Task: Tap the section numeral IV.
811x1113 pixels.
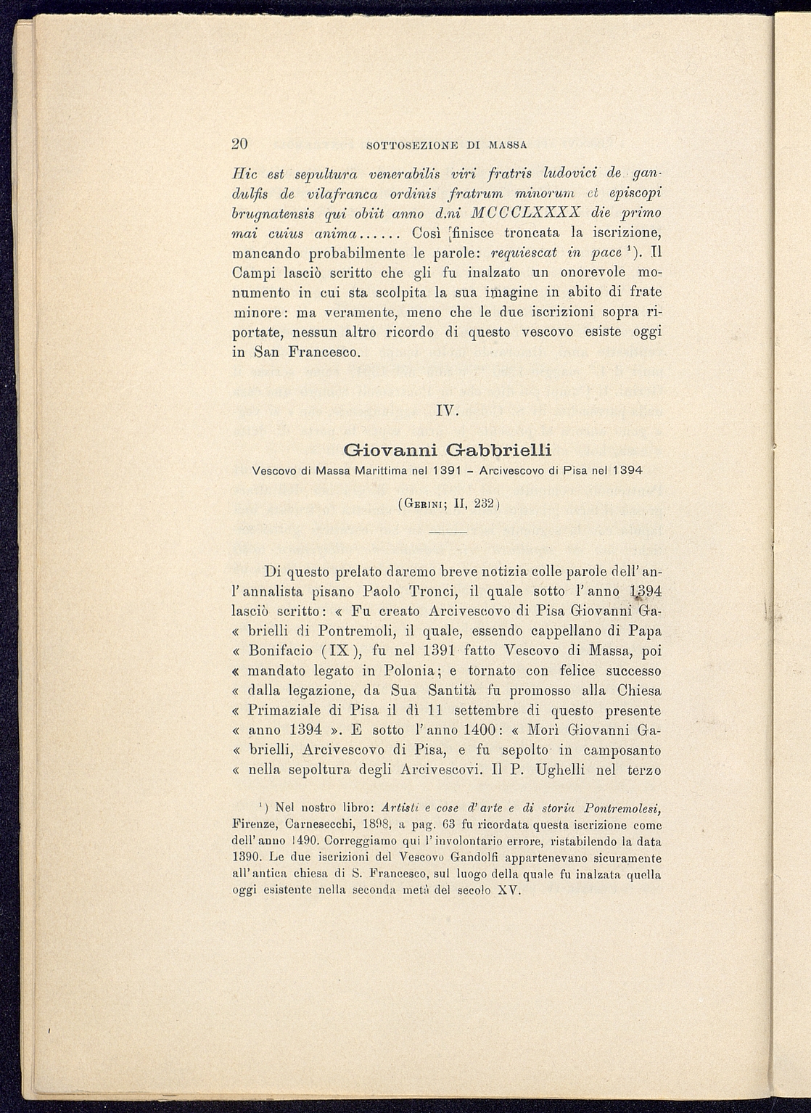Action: pyautogui.click(x=445, y=411)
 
